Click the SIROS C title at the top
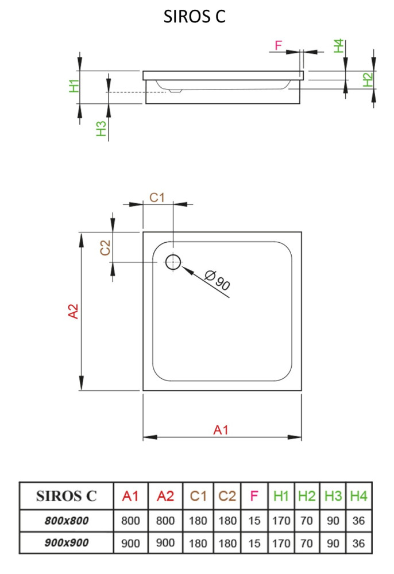(195, 17)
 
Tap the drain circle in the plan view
(173, 262)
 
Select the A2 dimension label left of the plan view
(73, 311)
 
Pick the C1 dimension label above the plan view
(157, 197)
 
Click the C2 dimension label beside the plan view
(105, 248)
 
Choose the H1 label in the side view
(74, 86)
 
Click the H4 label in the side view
(339, 46)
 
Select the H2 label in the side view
(368, 79)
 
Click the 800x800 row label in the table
(67, 521)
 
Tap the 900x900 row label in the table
(67, 542)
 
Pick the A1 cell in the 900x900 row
(132, 542)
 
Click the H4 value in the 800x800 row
(359, 521)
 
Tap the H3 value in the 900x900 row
(333, 542)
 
